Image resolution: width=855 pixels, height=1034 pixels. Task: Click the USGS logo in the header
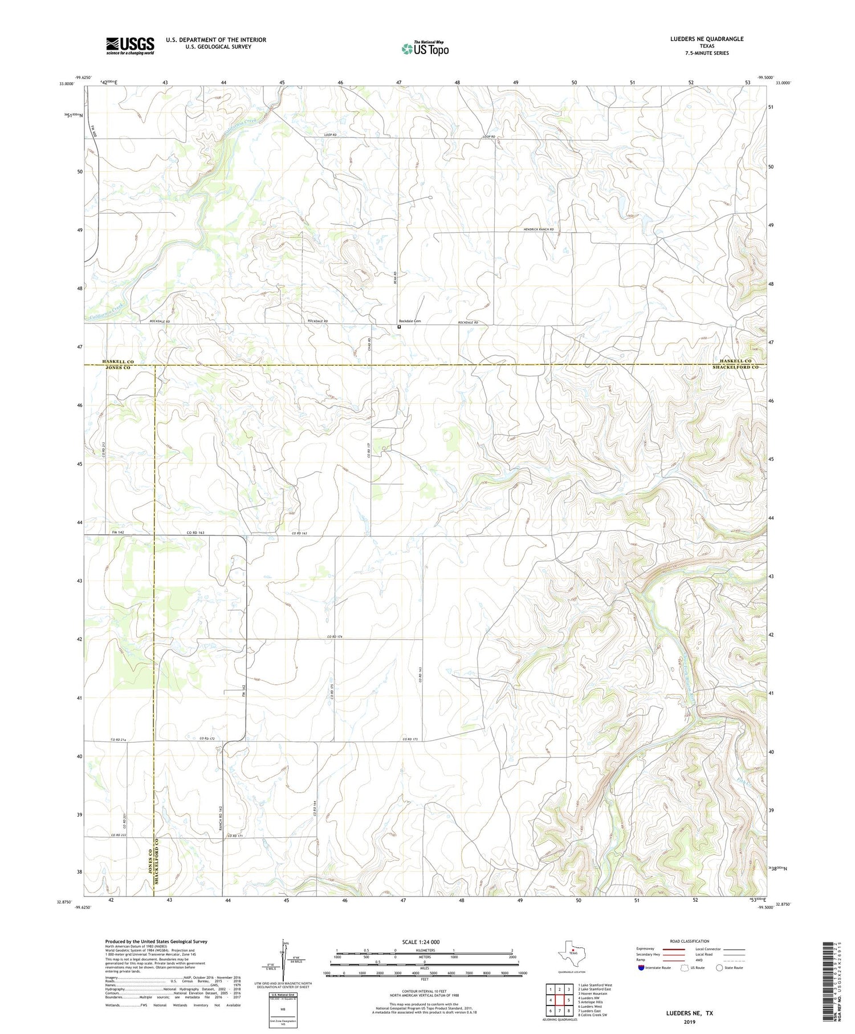[x=130, y=46]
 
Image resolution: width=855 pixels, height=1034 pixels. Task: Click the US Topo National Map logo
[x=425, y=48]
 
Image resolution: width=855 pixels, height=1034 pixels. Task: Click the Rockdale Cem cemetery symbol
[x=399, y=327]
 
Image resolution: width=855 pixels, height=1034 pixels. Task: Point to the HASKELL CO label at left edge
[x=118, y=362]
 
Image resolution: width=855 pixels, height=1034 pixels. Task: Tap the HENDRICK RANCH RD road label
[x=539, y=229]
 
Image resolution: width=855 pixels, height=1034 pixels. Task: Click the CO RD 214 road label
[x=119, y=739]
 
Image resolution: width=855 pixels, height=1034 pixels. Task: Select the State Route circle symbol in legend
[x=719, y=967]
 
